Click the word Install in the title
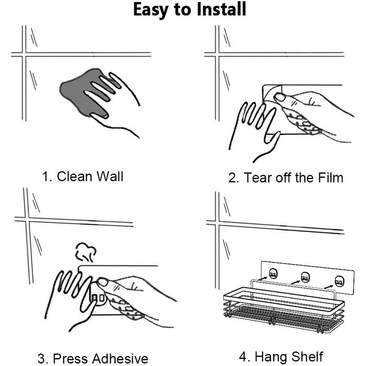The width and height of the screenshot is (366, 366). [222, 9]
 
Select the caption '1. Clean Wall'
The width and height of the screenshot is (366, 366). [83, 176]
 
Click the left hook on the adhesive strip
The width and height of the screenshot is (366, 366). [273, 273]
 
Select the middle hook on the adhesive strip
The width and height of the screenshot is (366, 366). [305, 277]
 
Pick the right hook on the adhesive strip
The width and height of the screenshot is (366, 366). [339, 281]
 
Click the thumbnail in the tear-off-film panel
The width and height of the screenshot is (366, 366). [280, 97]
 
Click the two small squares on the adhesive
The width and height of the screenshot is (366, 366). [98, 298]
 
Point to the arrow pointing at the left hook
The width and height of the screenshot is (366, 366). [263, 278]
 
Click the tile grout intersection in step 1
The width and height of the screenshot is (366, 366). [24, 54]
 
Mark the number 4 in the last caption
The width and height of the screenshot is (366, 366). [243, 357]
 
